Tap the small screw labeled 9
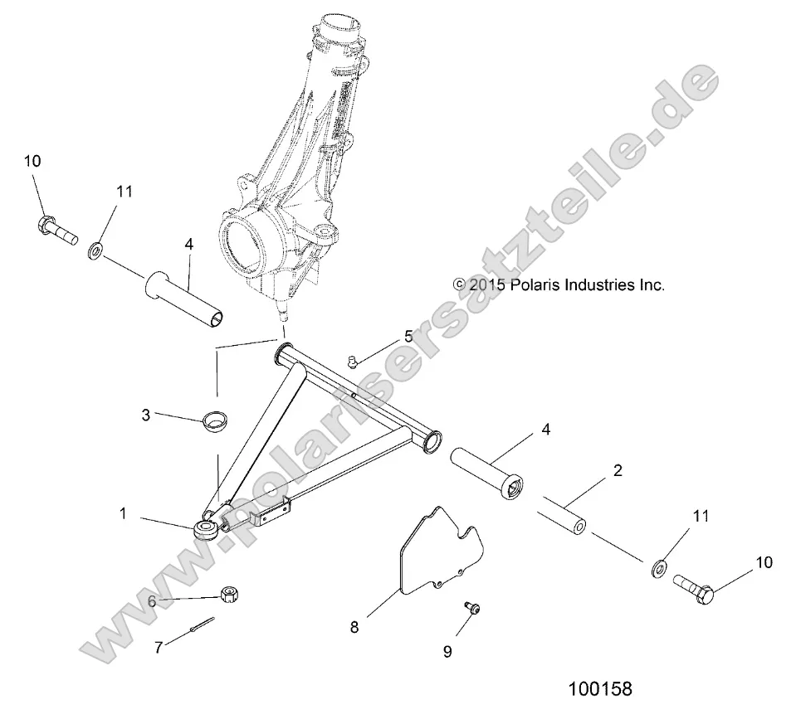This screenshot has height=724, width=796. coord(472,609)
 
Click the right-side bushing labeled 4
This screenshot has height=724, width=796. coord(487,473)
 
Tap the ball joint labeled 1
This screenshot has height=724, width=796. coord(206,528)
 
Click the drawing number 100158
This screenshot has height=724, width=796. coord(600,690)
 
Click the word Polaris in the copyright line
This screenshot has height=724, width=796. coord(531,284)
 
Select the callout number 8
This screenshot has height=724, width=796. coord(354,627)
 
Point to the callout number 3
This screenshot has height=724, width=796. coord(145,415)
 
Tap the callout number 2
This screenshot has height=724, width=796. coord(618,471)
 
